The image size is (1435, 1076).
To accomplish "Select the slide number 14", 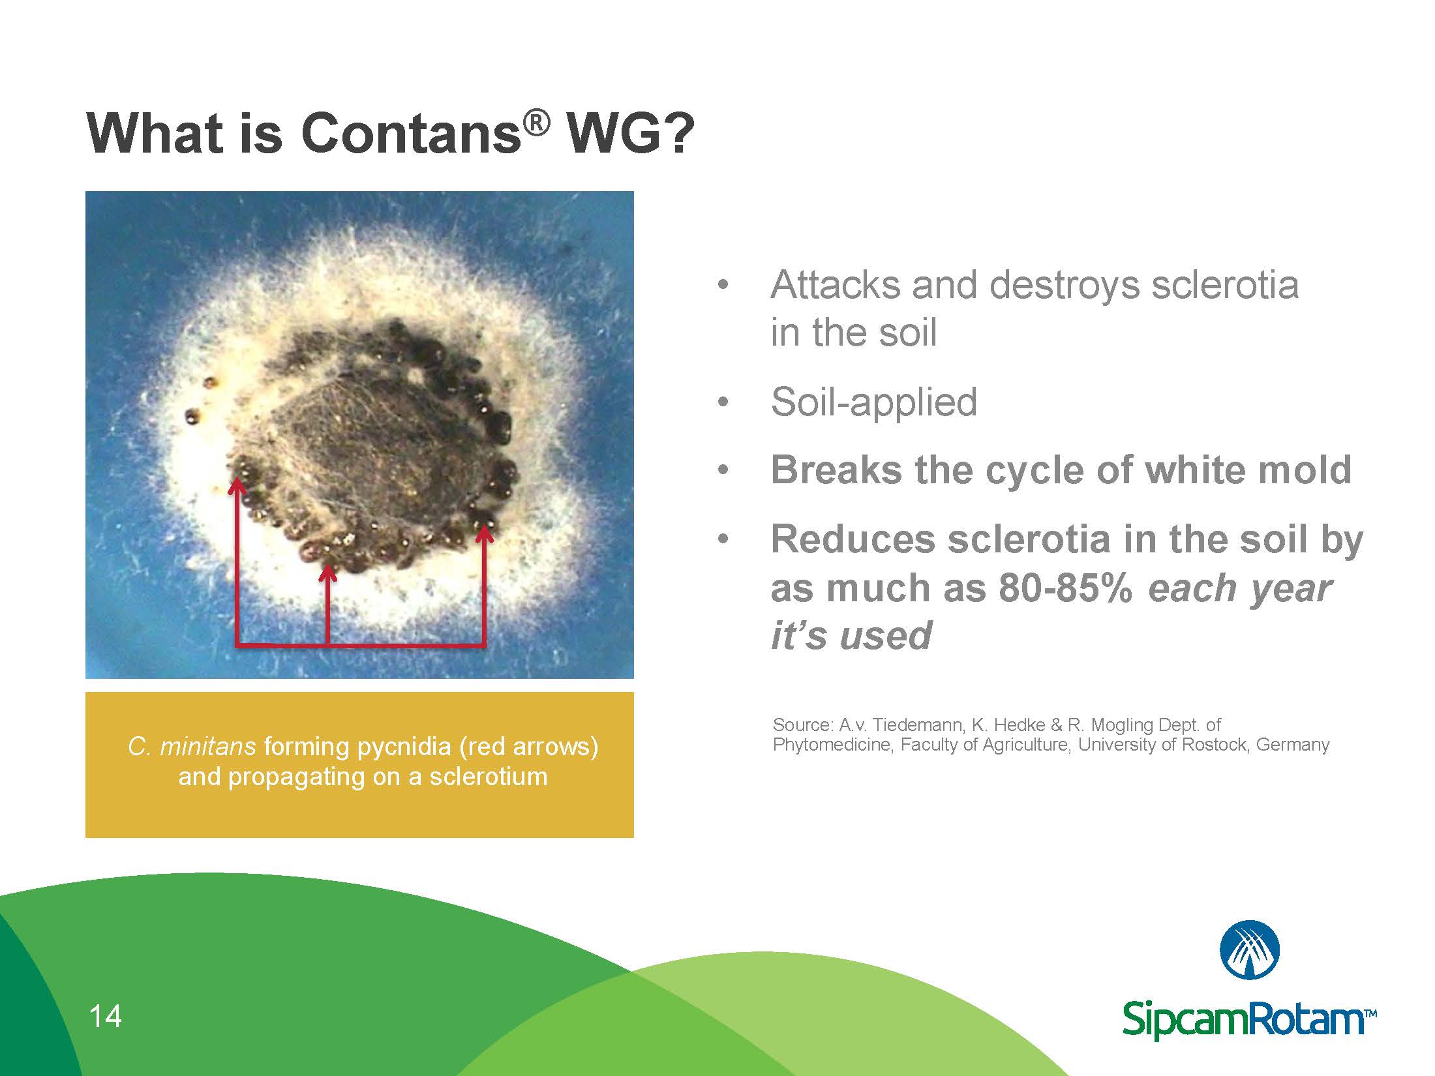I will click(105, 1017).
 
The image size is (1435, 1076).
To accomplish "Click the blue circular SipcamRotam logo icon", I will click(1249, 950).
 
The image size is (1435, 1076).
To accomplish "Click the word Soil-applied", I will click(873, 402).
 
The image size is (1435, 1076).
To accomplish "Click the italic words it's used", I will click(851, 635).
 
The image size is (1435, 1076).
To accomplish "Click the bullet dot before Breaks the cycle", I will click(721, 470).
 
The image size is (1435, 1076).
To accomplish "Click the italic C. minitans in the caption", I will click(191, 746).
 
